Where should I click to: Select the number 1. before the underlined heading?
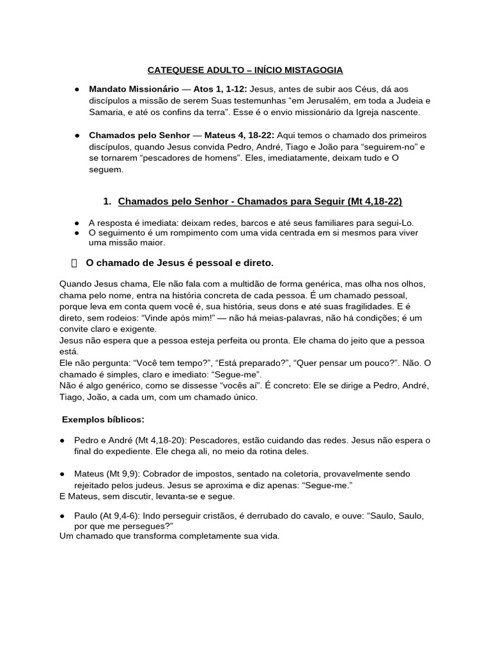tap(107, 201)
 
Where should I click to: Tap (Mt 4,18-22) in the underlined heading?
tap(375, 201)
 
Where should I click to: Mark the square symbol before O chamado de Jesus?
tap(73, 263)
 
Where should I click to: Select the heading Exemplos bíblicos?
tap(103, 420)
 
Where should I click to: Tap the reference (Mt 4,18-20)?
tap(152, 440)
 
